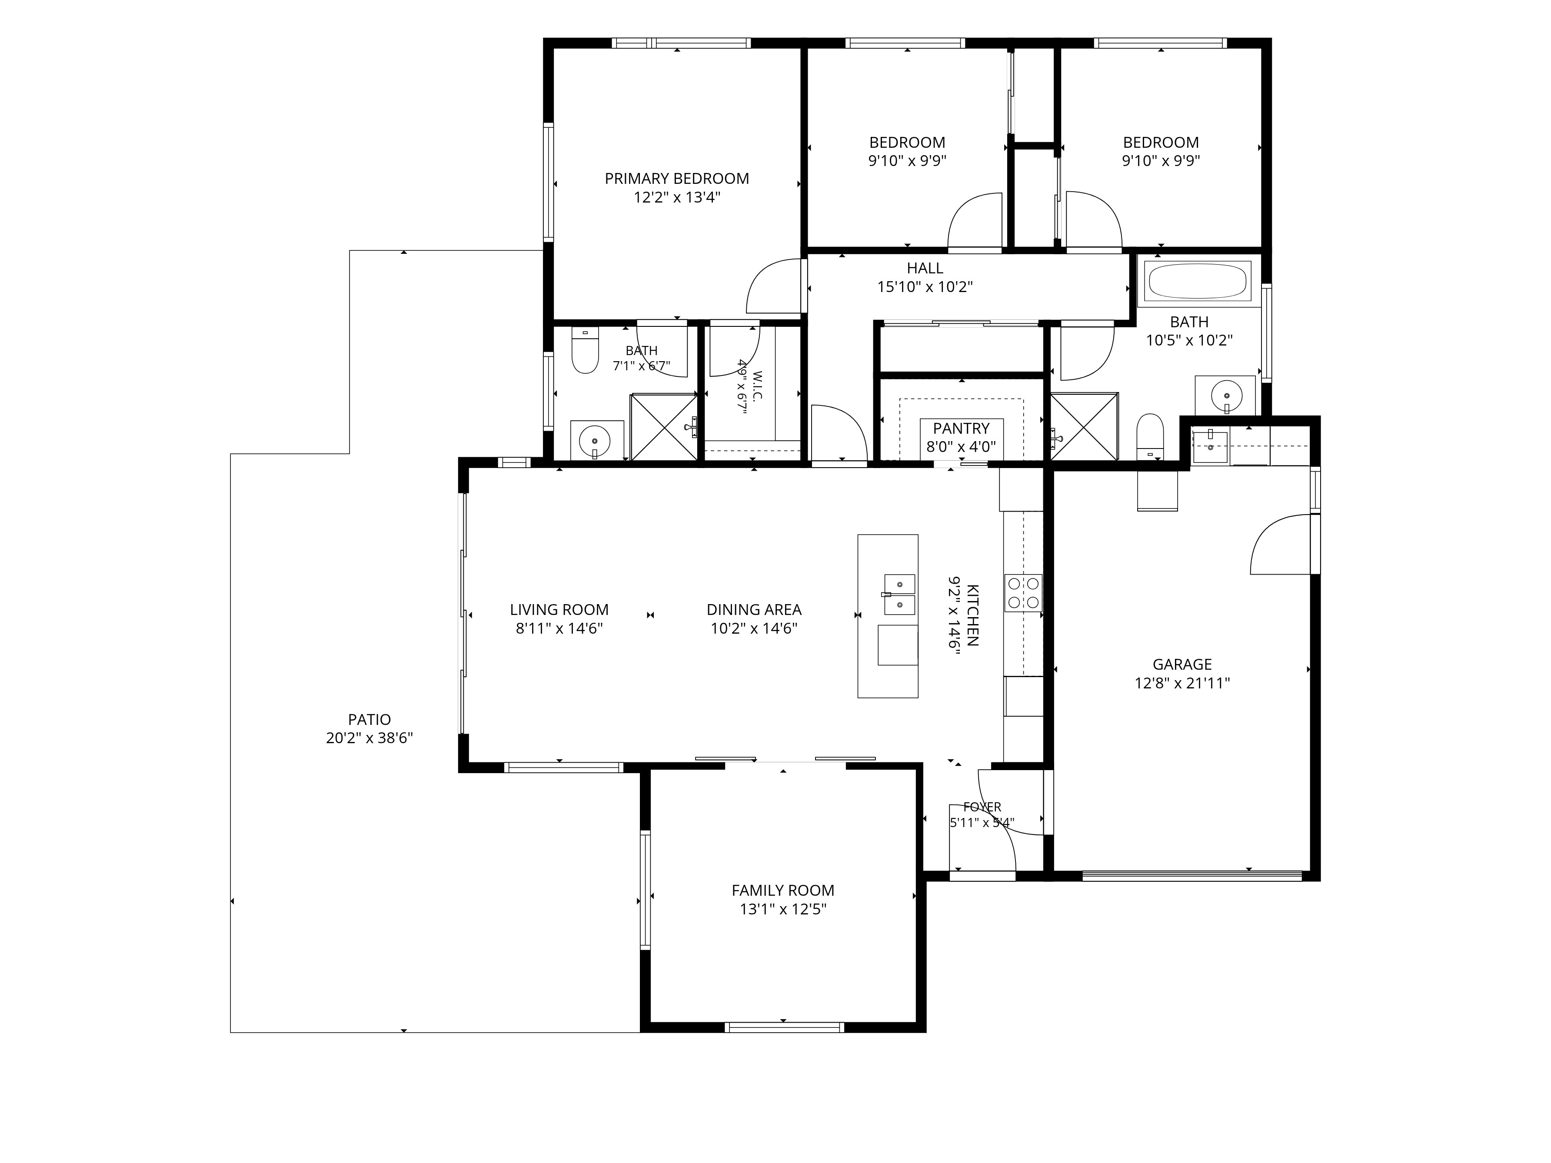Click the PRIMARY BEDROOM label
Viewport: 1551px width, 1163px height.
pos(677,179)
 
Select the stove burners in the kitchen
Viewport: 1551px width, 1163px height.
pos(1023,592)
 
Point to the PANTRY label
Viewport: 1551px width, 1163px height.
pos(961,429)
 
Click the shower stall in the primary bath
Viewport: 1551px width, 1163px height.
pos(664,427)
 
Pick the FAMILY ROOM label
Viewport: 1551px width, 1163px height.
pos(782,891)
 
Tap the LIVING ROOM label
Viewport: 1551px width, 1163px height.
pos(559,610)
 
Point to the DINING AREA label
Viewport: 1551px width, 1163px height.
pos(754,610)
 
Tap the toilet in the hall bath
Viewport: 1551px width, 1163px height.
pos(1150,436)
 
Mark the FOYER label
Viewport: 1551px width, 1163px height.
pos(982,807)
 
